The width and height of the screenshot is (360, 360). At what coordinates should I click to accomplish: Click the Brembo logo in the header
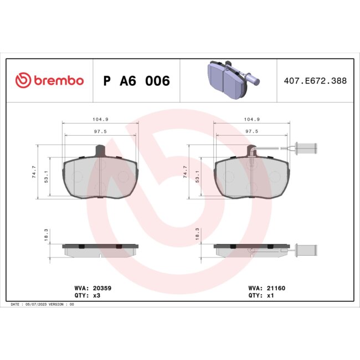[x=49, y=81]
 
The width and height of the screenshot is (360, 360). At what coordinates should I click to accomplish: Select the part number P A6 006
[x=136, y=81]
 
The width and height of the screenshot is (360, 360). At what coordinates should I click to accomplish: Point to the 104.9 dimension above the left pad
[x=100, y=119]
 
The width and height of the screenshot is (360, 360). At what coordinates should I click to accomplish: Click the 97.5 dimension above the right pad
[x=252, y=131]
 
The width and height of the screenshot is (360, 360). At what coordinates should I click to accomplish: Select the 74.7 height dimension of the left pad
[x=34, y=171]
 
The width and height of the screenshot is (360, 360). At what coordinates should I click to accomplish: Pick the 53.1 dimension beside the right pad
[x=198, y=176]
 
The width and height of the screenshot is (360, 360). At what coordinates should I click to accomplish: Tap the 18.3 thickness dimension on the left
[x=47, y=236]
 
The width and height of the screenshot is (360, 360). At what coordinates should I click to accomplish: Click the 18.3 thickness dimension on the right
[x=198, y=236]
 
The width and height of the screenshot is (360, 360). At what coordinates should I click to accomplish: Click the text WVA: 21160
[x=266, y=288]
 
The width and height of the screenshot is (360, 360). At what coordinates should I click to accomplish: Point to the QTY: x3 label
[x=87, y=296]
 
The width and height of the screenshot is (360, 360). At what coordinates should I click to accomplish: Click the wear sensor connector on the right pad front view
[x=305, y=148]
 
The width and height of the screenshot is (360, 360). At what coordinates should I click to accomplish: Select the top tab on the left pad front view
[x=100, y=150]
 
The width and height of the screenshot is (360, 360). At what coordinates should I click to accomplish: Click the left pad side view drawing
[x=100, y=250]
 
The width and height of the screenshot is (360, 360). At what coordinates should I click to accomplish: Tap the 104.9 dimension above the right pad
[x=252, y=119]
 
